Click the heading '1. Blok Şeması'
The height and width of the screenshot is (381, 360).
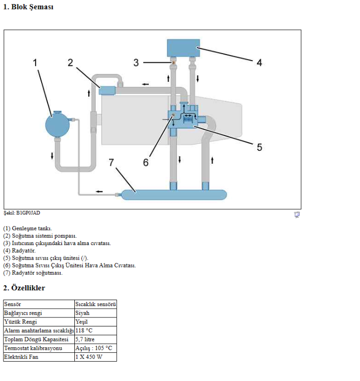coord(28,7)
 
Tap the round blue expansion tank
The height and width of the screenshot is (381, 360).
coord(58,125)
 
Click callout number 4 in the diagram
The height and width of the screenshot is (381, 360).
coord(259,63)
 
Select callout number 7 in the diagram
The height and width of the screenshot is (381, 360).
coord(111,162)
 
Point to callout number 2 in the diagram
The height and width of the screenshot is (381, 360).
coord(70,63)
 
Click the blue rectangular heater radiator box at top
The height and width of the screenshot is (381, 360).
coord(183,48)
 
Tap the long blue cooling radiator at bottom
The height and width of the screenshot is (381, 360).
coord(174,195)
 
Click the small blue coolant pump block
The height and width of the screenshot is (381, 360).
coord(107,90)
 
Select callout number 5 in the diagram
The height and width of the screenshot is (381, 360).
coord(259,147)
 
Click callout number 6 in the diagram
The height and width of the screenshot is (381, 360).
coord(145,162)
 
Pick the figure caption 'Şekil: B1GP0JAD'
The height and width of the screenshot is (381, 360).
coord(22,213)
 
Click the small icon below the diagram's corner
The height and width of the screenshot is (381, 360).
coord(297,215)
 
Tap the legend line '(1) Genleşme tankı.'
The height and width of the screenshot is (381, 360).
coord(27,228)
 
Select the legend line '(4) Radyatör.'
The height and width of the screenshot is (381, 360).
coord(19,251)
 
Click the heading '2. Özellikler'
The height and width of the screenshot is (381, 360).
coord(24,288)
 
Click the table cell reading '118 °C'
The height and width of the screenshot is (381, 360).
coord(84,330)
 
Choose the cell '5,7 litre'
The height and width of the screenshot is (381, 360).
coord(85,339)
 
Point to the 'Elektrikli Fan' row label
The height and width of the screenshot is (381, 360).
coord(21,357)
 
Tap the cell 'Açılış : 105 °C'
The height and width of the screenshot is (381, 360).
coord(94,348)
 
